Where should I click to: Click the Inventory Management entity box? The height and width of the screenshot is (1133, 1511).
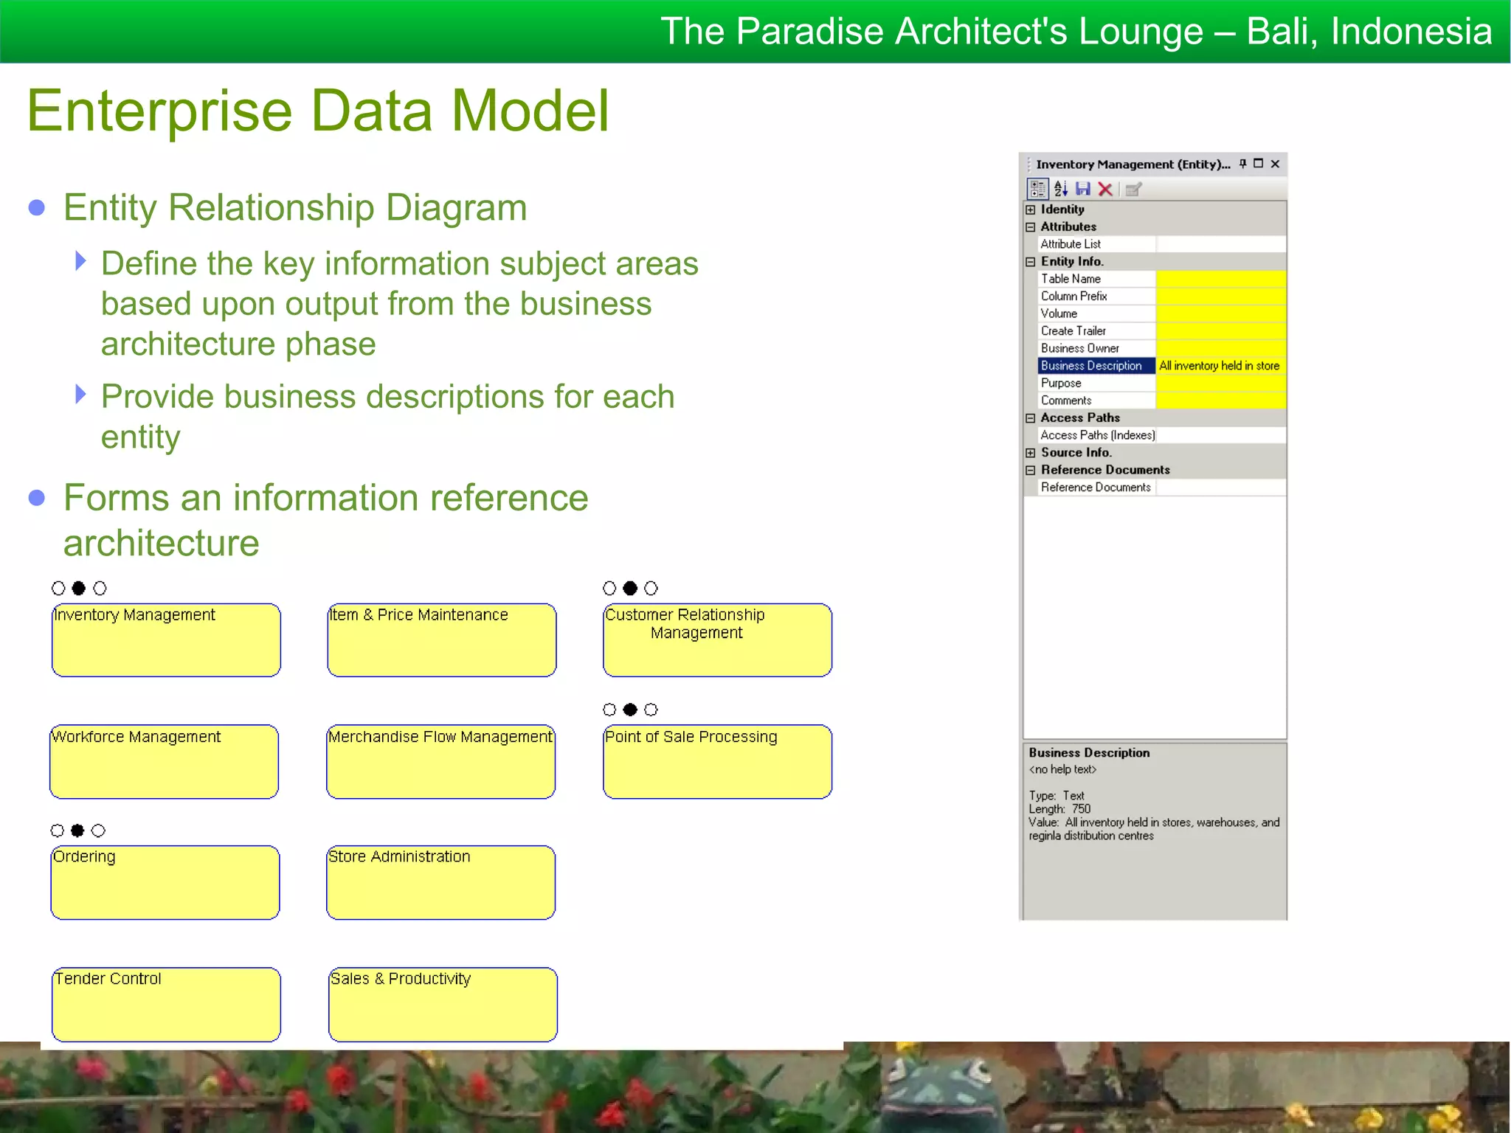166,640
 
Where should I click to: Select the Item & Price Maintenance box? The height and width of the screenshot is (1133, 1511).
441,640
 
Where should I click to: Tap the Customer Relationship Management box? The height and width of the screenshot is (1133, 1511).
717,640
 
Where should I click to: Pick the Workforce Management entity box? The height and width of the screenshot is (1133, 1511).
164,761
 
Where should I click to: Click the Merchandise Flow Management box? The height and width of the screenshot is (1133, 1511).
440,761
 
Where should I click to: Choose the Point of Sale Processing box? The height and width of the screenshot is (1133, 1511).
717,761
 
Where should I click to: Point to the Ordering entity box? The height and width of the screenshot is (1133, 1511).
165,882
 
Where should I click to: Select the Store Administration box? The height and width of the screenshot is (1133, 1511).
440,882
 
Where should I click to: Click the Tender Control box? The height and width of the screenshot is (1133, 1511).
166,1004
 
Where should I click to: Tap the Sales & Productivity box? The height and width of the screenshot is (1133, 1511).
443,1004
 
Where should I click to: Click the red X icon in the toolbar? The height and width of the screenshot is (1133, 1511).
1105,190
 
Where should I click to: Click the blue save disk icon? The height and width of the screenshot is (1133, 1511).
1083,190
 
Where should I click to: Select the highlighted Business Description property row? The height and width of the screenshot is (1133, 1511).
1091,366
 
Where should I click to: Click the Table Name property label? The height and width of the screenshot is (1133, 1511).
1071,279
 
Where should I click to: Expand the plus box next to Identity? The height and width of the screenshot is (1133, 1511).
1031,209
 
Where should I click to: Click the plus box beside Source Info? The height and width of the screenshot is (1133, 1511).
1031,453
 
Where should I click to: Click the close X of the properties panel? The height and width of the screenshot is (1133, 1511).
1275,164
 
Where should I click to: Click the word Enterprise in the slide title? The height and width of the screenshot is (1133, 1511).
159,111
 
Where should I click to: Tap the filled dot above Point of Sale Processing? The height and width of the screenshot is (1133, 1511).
630,710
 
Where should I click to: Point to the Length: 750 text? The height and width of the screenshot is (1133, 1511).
1059,809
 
